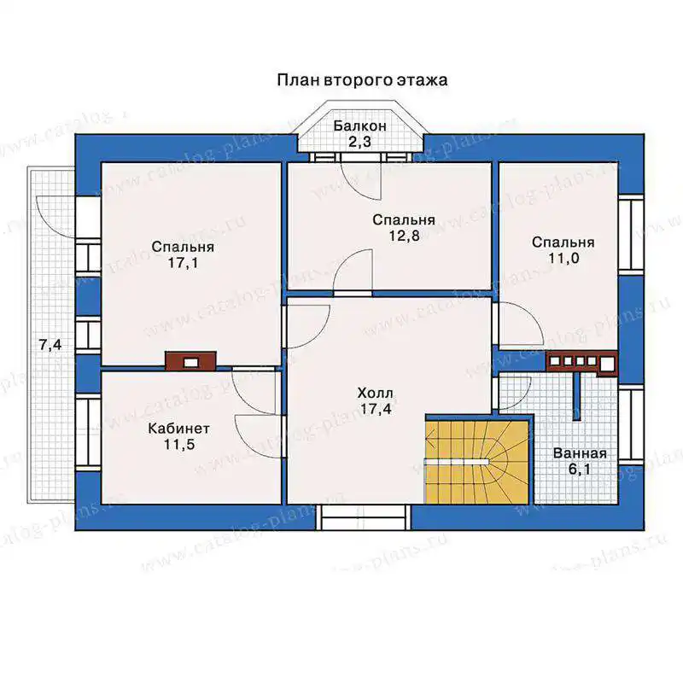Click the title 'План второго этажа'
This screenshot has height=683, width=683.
pyautogui.click(x=362, y=80)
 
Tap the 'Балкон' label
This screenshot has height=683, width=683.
pyautogui.click(x=359, y=126)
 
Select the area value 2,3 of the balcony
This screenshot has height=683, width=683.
pyautogui.click(x=359, y=142)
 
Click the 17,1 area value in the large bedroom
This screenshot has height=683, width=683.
pyautogui.click(x=183, y=263)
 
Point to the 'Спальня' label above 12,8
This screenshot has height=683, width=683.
pyautogui.click(x=404, y=220)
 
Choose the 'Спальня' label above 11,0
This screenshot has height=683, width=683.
pyautogui.click(x=563, y=242)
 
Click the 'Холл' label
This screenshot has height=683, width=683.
pyautogui.click(x=375, y=394)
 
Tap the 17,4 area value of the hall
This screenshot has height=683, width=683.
pyautogui.click(x=376, y=410)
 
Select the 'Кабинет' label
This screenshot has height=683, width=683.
pyautogui.click(x=179, y=429)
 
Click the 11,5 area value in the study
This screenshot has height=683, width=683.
pyautogui.click(x=179, y=445)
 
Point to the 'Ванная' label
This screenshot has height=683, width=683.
pyautogui.click(x=580, y=453)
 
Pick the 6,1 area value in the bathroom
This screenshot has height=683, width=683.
pyautogui.click(x=580, y=470)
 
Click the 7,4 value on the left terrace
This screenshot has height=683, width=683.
pyautogui.click(x=50, y=346)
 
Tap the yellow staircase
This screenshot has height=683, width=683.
pyautogui.click(x=477, y=462)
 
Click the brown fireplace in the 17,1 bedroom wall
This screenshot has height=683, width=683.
pyautogui.click(x=190, y=361)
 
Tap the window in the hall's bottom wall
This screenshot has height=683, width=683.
pyautogui.click(x=363, y=518)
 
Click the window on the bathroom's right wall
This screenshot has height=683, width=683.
pyautogui.click(x=631, y=423)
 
